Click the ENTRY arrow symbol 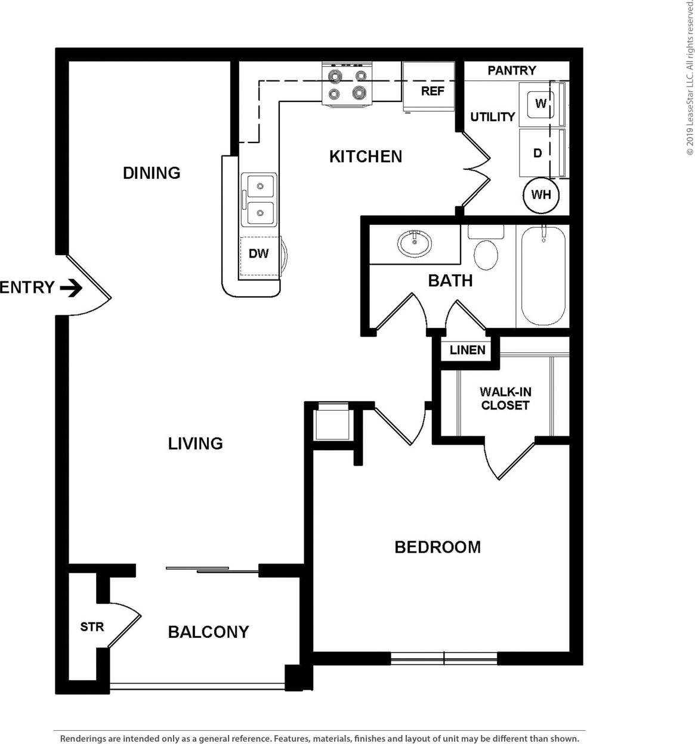pyautogui.click(x=71, y=288)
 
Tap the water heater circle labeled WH pyautogui.click(x=540, y=195)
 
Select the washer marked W pyautogui.click(x=540, y=104)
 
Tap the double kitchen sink pyautogui.click(x=259, y=200)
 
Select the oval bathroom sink pyautogui.click(x=415, y=243)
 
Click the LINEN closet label pyautogui.click(x=467, y=350)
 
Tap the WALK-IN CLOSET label pyautogui.click(x=505, y=398)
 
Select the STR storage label pyautogui.click(x=92, y=627)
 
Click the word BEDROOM pyautogui.click(x=437, y=547)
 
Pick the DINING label pyautogui.click(x=152, y=173)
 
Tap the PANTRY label pyautogui.click(x=511, y=70)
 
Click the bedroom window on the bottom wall pyautogui.click(x=444, y=658)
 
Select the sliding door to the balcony pyautogui.click(x=212, y=570)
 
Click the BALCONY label pyautogui.click(x=208, y=632)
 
